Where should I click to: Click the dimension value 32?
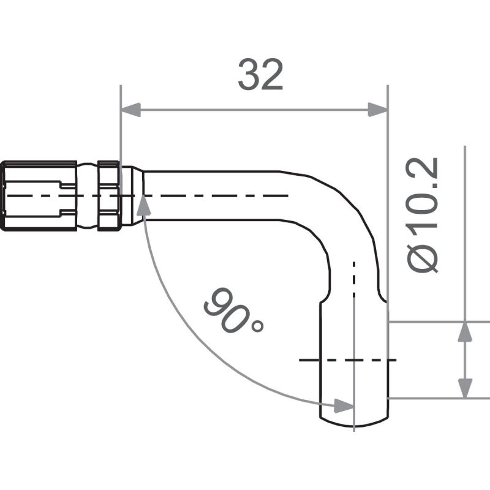[260, 76]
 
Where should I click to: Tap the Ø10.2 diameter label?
[423, 214]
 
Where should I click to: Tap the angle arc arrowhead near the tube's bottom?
[342, 405]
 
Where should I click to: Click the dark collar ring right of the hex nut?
[108, 195]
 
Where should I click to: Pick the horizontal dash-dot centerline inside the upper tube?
[214, 195]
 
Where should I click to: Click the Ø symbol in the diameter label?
[423, 258]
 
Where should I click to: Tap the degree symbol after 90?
[257, 325]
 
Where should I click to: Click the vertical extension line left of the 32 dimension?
[121, 123]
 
